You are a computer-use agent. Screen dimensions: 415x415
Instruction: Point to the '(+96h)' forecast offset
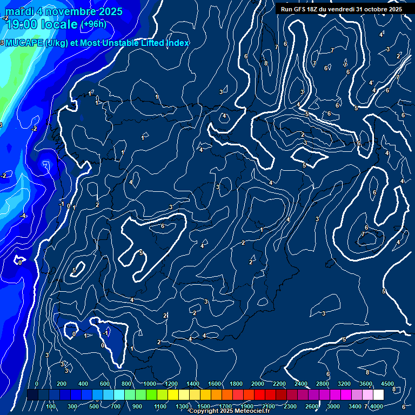point(93,24)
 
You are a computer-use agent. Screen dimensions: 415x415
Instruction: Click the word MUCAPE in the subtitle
point(25,43)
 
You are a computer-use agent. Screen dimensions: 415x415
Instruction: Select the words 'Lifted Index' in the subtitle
point(163,43)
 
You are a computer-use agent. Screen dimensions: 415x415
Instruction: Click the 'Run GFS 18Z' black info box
point(341,9)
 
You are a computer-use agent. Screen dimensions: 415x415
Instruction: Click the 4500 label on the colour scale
point(387,384)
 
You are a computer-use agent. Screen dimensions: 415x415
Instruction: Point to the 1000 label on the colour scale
point(150,384)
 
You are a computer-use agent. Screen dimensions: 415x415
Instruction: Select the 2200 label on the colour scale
point(279,384)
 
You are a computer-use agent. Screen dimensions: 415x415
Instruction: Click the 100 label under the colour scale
point(51,406)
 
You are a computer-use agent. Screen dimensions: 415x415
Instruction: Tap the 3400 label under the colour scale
point(356,406)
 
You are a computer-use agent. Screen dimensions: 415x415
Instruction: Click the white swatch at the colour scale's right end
point(387,395)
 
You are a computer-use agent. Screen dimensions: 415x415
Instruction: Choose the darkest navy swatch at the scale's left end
point(32,395)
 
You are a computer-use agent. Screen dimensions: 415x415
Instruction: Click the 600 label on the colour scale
point(105,384)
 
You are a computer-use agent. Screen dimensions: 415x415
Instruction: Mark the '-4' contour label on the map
point(23,216)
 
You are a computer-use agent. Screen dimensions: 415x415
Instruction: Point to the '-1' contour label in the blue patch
point(106,333)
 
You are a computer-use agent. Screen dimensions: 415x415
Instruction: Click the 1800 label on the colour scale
point(236,384)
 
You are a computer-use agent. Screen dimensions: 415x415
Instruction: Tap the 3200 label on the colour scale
point(344,384)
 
